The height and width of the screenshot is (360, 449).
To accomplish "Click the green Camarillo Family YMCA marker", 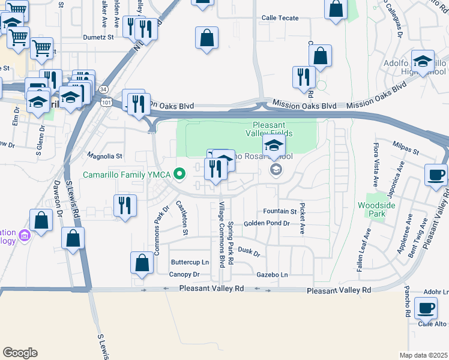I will [179, 174].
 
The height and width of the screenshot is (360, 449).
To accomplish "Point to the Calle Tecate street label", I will [279, 18].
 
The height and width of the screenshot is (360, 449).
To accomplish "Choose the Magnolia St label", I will [105, 155].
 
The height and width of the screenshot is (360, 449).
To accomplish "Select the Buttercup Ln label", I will [190, 262].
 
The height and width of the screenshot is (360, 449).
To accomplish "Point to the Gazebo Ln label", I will [272, 274].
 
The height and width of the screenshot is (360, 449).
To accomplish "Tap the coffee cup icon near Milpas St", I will [435, 175].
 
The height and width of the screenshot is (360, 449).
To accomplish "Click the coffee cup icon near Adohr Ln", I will [426, 307].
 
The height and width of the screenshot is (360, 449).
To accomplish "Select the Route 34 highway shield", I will [104, 89].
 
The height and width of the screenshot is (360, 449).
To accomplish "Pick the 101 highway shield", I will [107, 103].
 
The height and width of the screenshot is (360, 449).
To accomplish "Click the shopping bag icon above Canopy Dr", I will [142, 263].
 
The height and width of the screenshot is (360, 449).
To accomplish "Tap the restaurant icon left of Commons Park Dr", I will [124, 205].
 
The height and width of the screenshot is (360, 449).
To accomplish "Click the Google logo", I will [20, 352].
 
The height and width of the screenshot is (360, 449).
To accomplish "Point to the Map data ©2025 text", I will [423, 355].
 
